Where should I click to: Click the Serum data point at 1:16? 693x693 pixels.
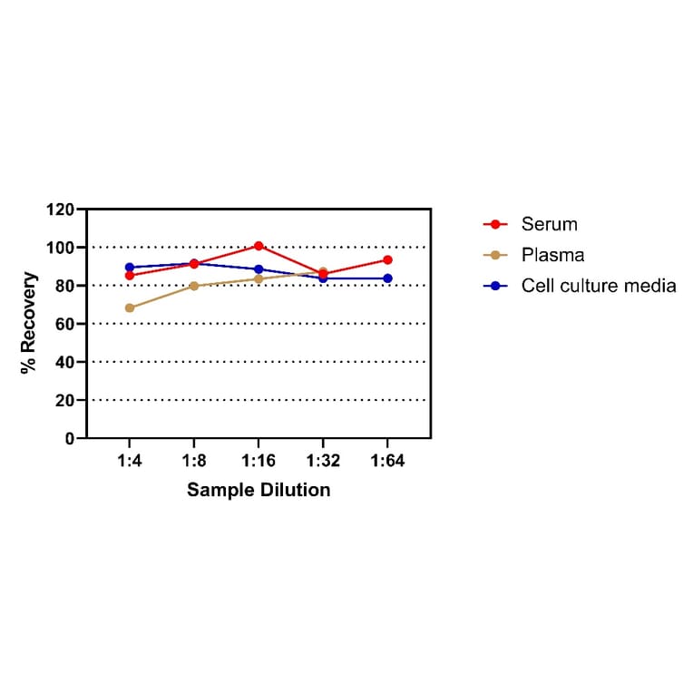259,246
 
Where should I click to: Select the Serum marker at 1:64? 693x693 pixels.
387,260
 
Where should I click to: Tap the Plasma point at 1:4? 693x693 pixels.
130,307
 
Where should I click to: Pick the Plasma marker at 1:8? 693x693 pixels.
194,286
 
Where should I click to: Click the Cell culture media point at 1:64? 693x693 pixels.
387,278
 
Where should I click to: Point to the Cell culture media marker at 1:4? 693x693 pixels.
130,268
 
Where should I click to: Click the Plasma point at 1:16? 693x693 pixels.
259,278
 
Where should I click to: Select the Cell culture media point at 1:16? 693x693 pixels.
259,269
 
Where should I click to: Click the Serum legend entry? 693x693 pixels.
549,224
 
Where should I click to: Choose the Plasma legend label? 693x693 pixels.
552,255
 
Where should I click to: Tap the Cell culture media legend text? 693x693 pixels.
599,286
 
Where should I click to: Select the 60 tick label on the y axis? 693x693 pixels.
64,324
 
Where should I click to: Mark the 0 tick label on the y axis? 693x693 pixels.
69,438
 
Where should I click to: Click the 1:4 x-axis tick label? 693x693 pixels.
130,461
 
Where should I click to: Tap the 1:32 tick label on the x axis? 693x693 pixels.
323,461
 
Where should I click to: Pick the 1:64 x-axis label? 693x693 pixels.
387,461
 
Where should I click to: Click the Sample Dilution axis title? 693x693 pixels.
259,491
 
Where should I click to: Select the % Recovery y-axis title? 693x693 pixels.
29,323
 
